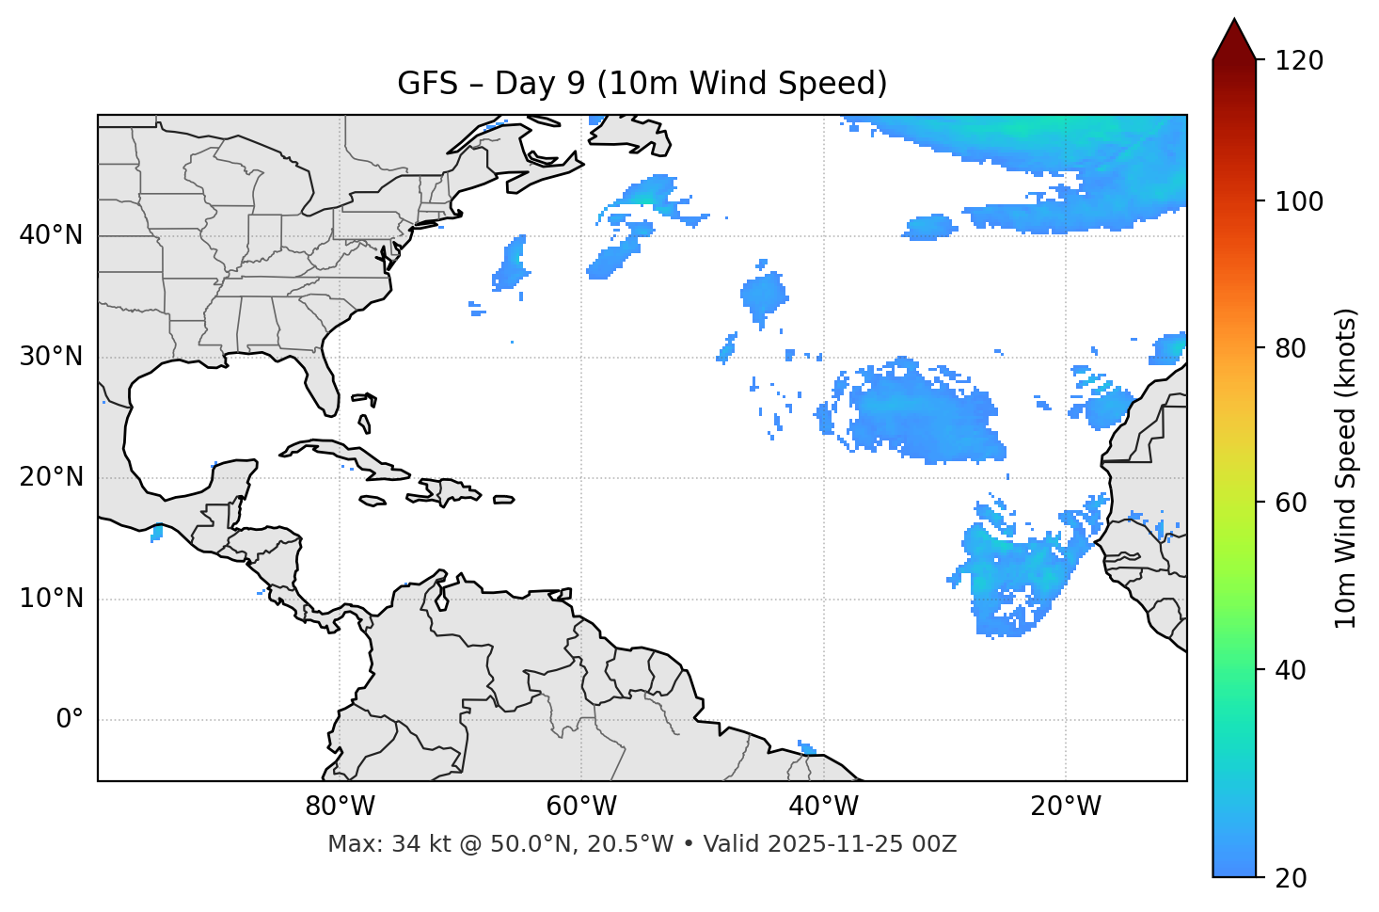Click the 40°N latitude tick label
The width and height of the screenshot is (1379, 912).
[x=51, y=235]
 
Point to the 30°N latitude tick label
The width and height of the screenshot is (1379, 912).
[x=51, y=357]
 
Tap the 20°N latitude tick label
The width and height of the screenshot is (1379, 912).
[x=51, y=478]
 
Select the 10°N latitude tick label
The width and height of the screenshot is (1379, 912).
[x=51, y=599]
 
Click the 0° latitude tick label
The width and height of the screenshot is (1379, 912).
[x=70, y=720]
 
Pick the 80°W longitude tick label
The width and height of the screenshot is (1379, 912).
[x=340, y=807]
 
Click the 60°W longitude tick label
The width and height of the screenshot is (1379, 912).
[x=581, y=807]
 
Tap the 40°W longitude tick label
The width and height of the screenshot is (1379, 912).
[x=823, y=807]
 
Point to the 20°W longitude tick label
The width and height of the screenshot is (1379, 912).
[x=1066, y=807]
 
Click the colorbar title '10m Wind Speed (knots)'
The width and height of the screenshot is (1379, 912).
[x=1346, y=469]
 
